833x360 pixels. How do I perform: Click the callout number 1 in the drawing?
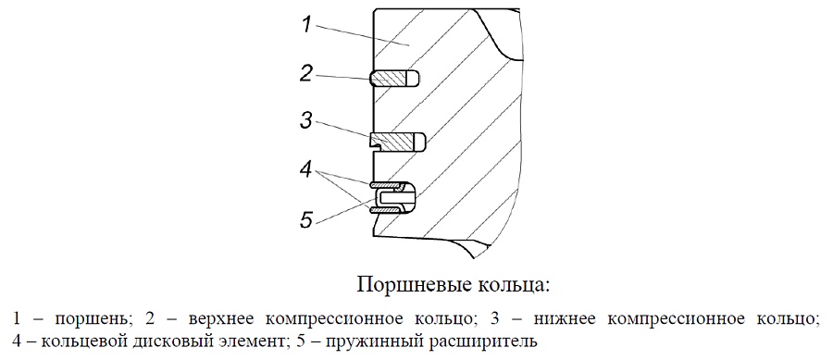306,26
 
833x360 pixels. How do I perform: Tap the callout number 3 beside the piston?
306,121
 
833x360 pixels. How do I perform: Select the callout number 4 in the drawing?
305,171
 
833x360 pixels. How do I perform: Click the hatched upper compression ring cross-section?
391,79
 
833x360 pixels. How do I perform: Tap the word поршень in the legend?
92,320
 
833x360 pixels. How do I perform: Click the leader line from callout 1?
364,37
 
